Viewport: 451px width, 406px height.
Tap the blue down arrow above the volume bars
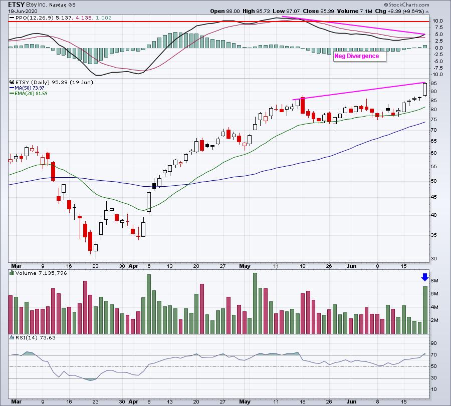pos(425,277)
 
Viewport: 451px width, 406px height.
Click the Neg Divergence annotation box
pos(360,56)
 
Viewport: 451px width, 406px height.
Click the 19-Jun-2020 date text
pos(18,11)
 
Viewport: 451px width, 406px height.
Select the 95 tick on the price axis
pos(433,83)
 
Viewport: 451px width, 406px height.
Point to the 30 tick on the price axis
pos(433,258)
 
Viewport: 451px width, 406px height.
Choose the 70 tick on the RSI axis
pos(433,355)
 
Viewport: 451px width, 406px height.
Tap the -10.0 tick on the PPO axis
pos(436,74)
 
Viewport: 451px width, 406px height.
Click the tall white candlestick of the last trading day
pos(425,89)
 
